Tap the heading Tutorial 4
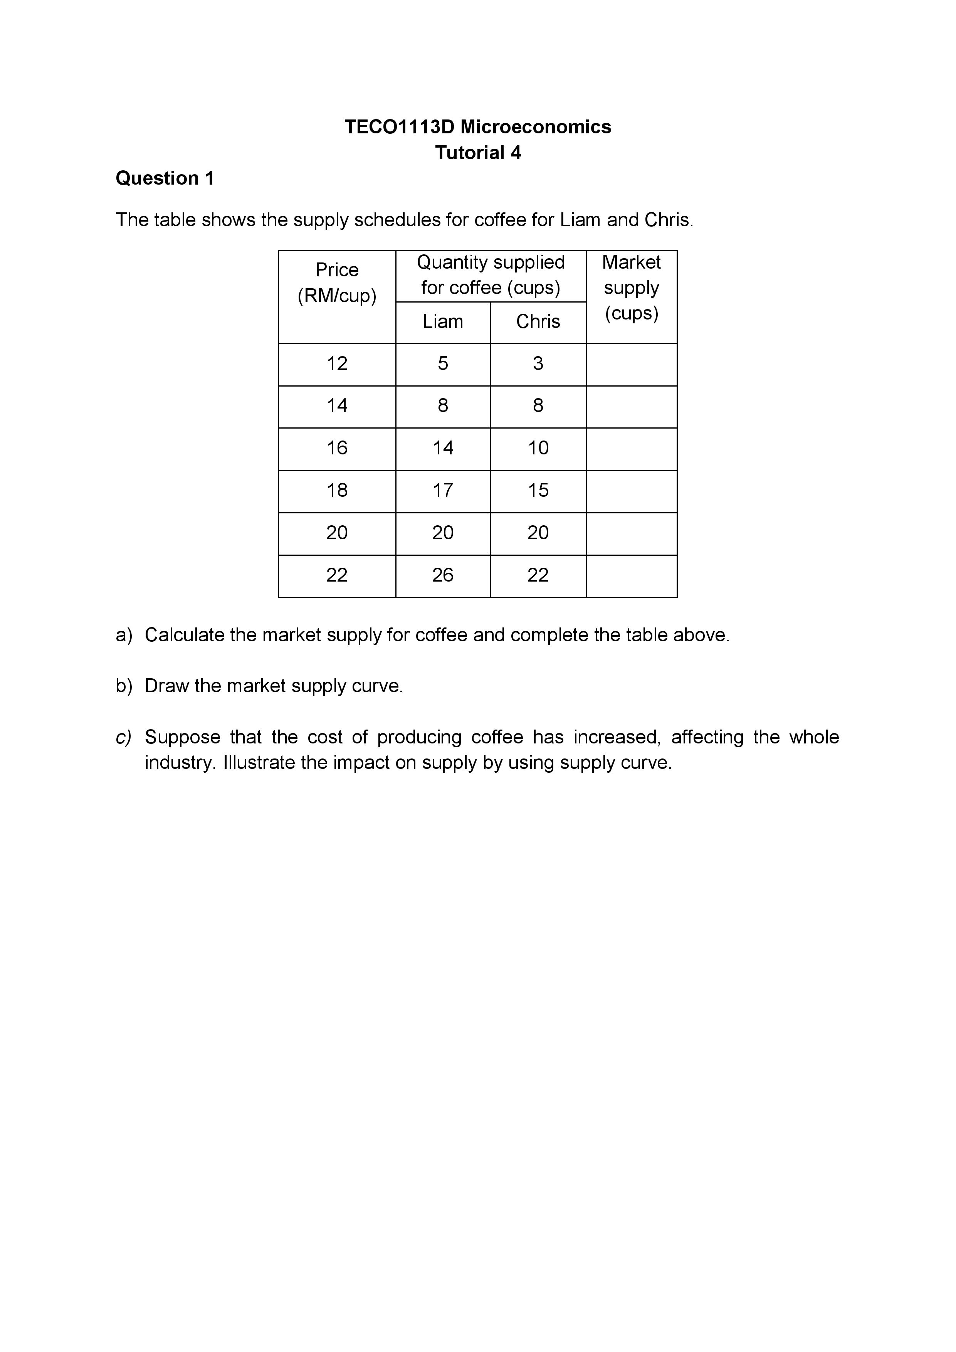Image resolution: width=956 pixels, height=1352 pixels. click(477, 153)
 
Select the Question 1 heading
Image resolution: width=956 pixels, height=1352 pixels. click(165, 178)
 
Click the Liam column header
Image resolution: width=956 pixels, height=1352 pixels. click(443, 321)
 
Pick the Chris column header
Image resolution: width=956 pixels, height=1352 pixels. click(538, 321)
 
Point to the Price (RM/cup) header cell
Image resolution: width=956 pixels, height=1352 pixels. click(337, 283)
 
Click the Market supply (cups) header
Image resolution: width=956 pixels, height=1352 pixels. click(631, 288)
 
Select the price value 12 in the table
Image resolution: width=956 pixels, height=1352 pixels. click(337, 363)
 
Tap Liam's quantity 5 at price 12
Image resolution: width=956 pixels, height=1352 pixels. click(443, 363)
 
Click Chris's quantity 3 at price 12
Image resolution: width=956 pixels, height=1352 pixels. click(538, 363)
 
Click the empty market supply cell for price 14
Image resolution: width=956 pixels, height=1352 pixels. click(631, 406)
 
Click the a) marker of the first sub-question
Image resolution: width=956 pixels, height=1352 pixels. click(124, 635)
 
